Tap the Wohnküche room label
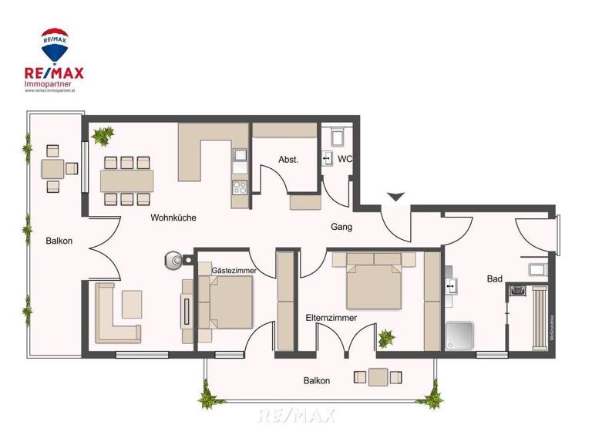point(173,218)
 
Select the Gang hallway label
point(341,227)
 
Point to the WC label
point(345,160)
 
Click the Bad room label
point(494,278)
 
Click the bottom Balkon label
point(316,380)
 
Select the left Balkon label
point(59,241)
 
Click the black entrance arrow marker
point(395,197)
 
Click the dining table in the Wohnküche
point(126,181)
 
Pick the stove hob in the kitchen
point(240,186)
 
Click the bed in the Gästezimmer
point(228,299)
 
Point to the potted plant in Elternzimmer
point(385,337)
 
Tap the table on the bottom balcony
point(378,377)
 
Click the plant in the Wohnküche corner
point(101,136)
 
